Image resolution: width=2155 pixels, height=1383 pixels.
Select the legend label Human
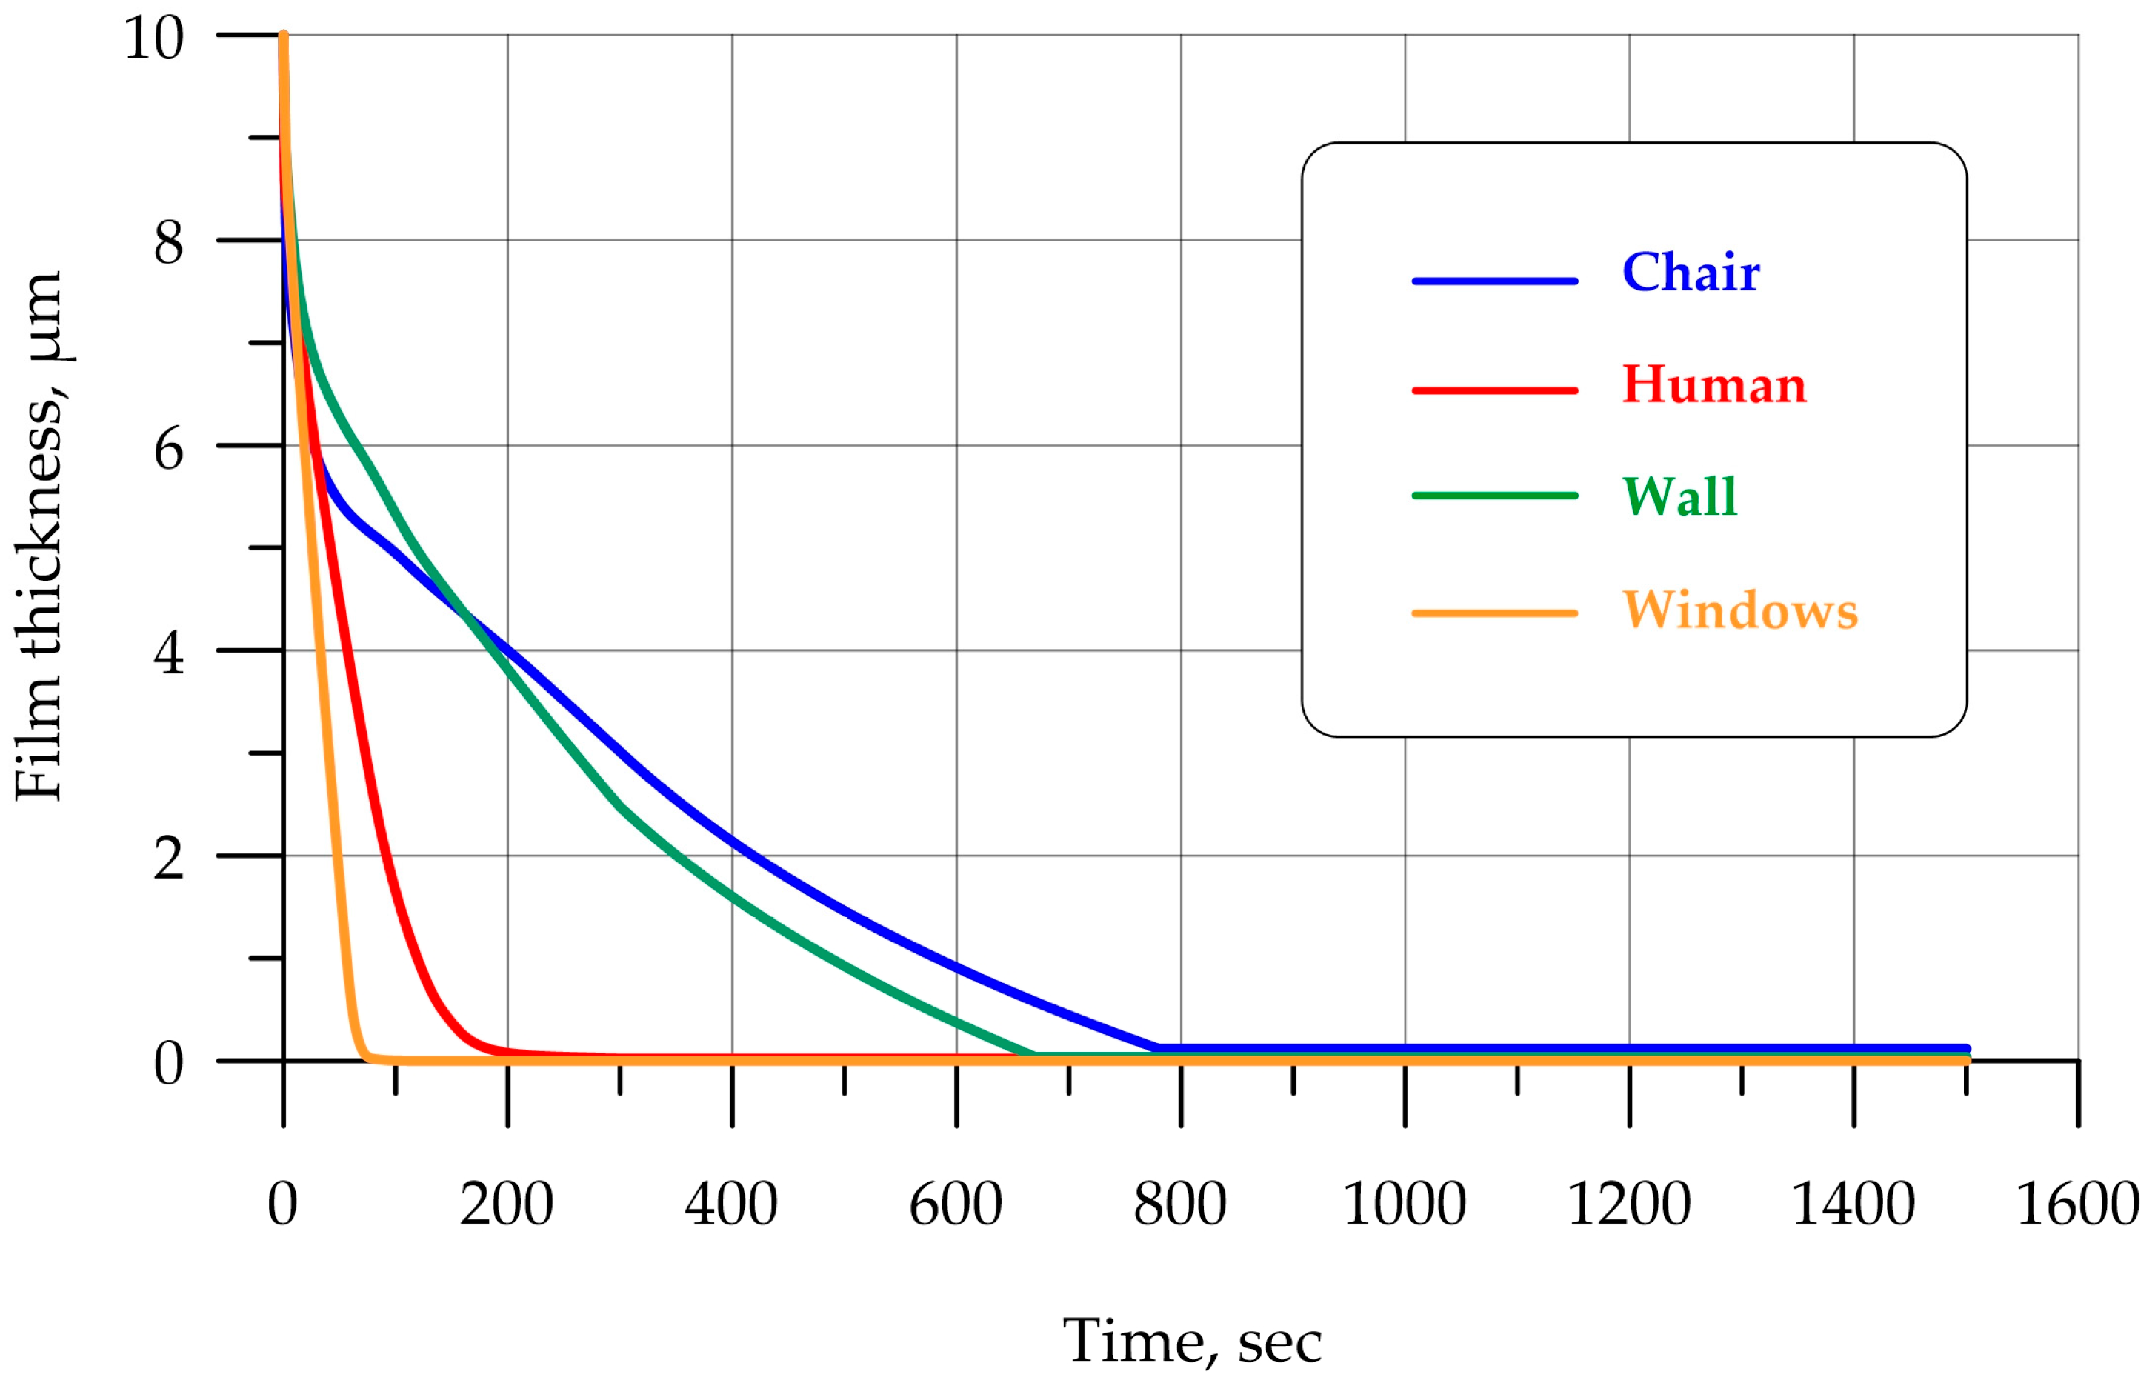(x=1713, y=385)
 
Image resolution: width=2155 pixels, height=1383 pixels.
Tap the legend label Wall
(x=1679, y=496)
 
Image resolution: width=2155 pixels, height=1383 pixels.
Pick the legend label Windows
(x=1739, y=610)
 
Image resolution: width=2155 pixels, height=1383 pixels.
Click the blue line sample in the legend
(x=1495, y=281)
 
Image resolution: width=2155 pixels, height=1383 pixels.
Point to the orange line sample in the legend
(x=1495, y=613)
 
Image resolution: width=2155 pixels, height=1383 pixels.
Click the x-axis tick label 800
(x=1180, y=1205)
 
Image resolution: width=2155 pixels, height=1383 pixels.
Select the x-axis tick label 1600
(x=2077, y=1205)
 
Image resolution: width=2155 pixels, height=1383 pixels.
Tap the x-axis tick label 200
(x=507, y=1205)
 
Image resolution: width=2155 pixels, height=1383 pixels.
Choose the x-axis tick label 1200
(x=1629, y=1205)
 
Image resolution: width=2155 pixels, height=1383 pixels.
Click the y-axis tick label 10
(x=153, y=39)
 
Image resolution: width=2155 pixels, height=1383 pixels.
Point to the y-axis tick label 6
(x=169, y=449)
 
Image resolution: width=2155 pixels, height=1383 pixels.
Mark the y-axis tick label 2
(x=169, y=859)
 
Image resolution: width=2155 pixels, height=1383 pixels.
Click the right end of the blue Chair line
(x=1965, y=1048)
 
